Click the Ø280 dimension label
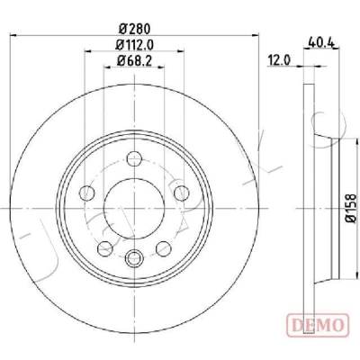pyautogui.click(x=134, y=29)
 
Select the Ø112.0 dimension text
pyautogui.click(x=134, y=45)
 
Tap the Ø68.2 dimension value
pyautogui.click(x=134, y=61)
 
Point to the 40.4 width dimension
pyautogui.click(x=320, y=43)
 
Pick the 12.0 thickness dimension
pyautogui.click(x=279, y=60)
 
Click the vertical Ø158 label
pyautogui.click(x=350, y=208)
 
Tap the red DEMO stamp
pyautogui.click(x=318, y=325)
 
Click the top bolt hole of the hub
pyautogui.click(x=134, y=159)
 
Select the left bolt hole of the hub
pyautogui.click(x=86, y=193)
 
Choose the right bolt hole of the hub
pyautogui.click(x=182, y=193)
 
